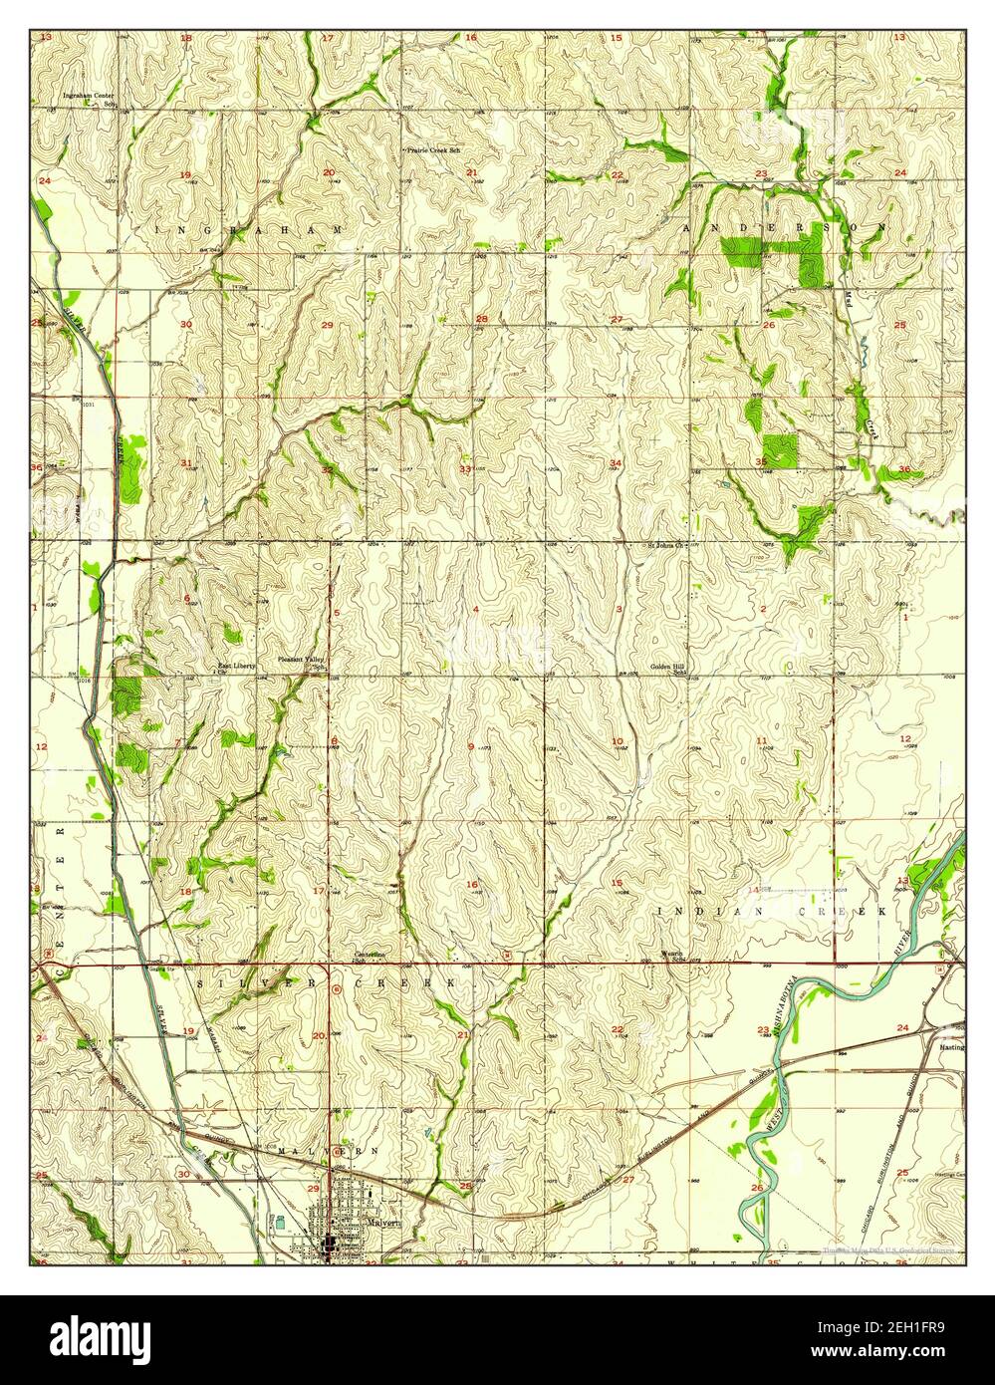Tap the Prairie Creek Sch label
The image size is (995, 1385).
[433, 150]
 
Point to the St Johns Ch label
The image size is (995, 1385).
[665, 546]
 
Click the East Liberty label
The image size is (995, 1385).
[237, 666]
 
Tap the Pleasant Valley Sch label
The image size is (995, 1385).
[302, 662]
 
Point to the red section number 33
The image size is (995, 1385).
[465, 468]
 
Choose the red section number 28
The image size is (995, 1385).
[481, 319]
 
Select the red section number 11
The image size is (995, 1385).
[762, 740]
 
